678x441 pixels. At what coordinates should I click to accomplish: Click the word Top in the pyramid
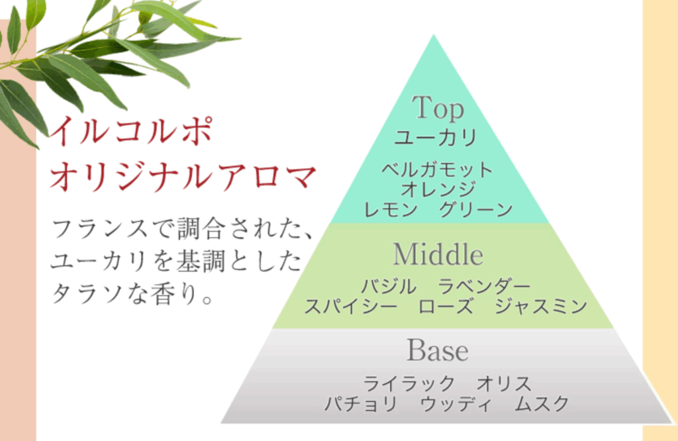pyautogui.click(x=438, y=108)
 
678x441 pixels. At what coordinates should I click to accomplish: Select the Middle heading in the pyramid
pyautogui.click(x=438, y=254)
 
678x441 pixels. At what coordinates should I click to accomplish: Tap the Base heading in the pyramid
pyautogui.click(x=437, y=350)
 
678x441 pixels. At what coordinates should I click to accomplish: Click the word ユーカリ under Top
pyautogui.click(x=436, y=138)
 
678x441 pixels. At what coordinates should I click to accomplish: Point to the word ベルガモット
pyautogui.click(x=437, y=170)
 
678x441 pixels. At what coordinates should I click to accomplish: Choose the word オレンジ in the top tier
pyautogui.click(x=438, y=189)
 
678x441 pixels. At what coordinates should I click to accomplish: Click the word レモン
pyautogui.click(x=391, y=210)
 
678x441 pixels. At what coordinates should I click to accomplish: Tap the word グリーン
pyautogui.click(x=475, y=210)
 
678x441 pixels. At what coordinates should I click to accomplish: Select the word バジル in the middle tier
pyautogui.click(x=389, y=286)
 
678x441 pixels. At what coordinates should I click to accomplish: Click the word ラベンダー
pyautogui.click(x=484, y=286)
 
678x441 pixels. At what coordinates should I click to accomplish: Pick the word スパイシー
pyautogui.click(x=351, y=307)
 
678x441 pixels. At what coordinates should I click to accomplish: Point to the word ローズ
pyautogui.click(x=446, y=307)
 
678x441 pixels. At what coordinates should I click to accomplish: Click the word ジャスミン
pyautogui.click(x=540, y=307)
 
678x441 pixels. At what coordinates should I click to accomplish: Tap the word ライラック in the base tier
pyautogui.click(x=409, y=383)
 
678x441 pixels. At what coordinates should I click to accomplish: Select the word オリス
pyautogui.click(x=504, y=383)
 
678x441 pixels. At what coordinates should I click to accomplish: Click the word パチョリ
pyautogui.click(x=361, y=404)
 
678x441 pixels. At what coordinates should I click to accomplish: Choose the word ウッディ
pyautogui.click(x=456, y=404)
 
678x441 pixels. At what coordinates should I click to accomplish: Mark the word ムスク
pyautogui.click(x=542, y=404)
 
